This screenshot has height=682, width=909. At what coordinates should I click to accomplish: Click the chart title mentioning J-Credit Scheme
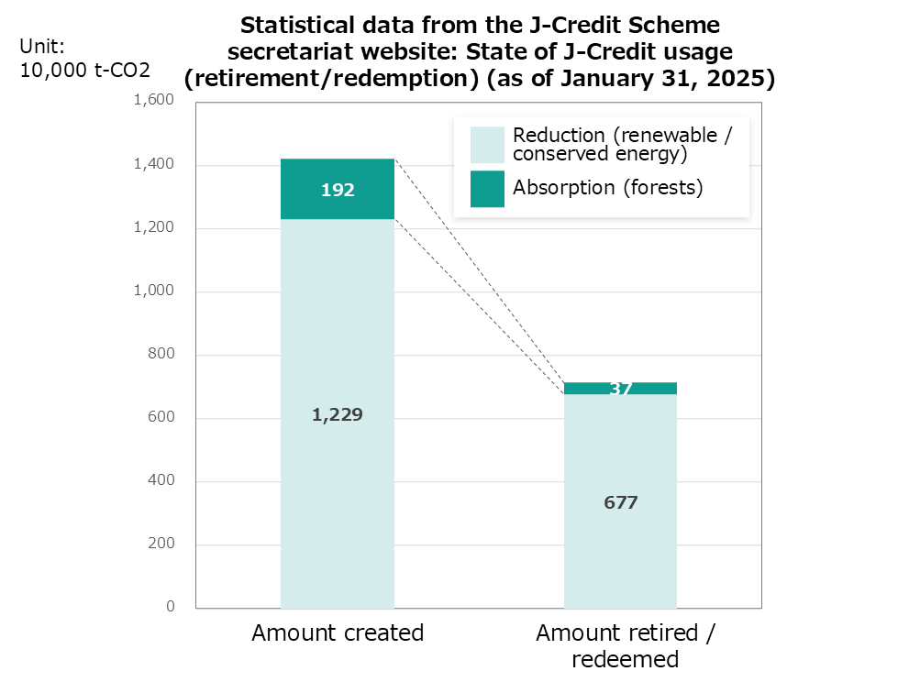pos(480,51)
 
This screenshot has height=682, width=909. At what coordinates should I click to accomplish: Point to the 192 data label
pos(338,191)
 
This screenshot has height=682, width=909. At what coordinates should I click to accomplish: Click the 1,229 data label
pos(338,415)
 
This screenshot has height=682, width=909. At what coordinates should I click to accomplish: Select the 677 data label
pos(620,502)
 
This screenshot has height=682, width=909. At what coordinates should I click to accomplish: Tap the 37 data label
pos(621,389)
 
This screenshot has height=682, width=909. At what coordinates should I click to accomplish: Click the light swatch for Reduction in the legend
pos(487,145)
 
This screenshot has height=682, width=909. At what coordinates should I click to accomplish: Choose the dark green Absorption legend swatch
pos(487,189)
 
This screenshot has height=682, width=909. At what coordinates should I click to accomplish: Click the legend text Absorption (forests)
pos(607,188)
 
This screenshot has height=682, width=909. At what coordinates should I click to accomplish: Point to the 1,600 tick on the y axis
pos(154,101)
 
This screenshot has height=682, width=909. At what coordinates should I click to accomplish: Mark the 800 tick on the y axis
pos(161,355)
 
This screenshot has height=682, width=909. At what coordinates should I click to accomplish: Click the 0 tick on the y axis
pos(171,607)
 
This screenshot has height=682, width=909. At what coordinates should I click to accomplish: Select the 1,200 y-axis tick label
pos(154,228)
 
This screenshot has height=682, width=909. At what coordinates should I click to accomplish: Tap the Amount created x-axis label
pos(338,633)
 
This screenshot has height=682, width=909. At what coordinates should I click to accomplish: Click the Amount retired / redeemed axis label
pos(625,646)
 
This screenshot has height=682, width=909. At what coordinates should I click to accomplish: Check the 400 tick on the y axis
pos(161,481)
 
